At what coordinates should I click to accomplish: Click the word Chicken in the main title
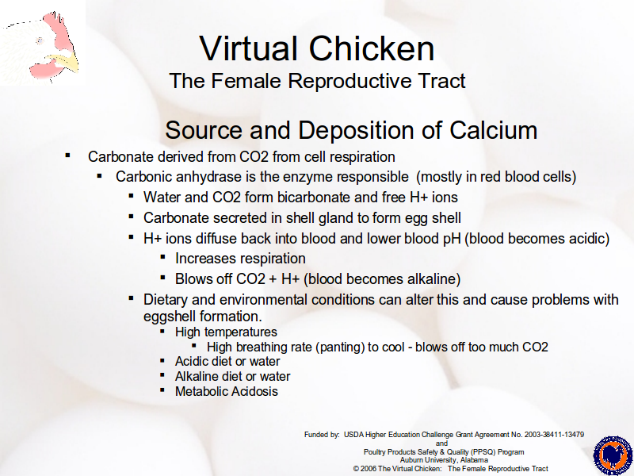tap(372, 48)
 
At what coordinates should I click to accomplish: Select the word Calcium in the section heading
tap(493, 130)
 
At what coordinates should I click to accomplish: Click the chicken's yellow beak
tap(67, 63)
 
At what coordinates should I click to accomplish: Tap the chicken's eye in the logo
tap(40, 40)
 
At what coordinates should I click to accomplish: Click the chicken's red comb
tap(58, 29)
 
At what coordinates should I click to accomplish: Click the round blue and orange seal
tap(612, 455)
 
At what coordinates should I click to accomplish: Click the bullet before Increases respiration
tap(162, 257)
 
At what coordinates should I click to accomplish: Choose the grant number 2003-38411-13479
tap(554, 435)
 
